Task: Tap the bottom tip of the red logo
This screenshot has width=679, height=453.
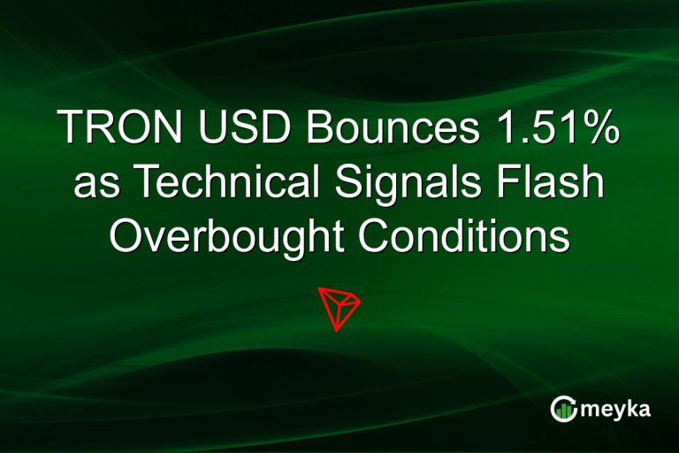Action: (337, 331)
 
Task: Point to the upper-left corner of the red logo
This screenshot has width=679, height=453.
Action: (318, 288)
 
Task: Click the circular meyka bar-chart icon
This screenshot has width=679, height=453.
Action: (563, 409)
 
